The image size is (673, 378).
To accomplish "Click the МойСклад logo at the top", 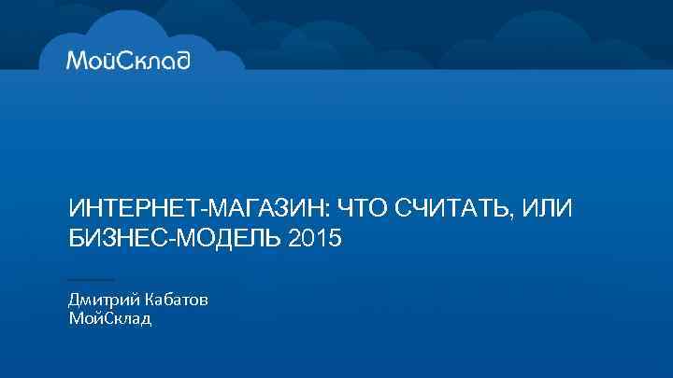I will point(129,61).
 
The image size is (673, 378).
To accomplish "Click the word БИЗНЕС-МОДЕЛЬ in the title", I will point(174,239).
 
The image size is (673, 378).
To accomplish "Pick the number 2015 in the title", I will point(317,239).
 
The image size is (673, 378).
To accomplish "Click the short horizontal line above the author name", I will point(92,279).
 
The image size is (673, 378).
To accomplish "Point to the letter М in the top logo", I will point(77,61).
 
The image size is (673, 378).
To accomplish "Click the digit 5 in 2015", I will point(336,239).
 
